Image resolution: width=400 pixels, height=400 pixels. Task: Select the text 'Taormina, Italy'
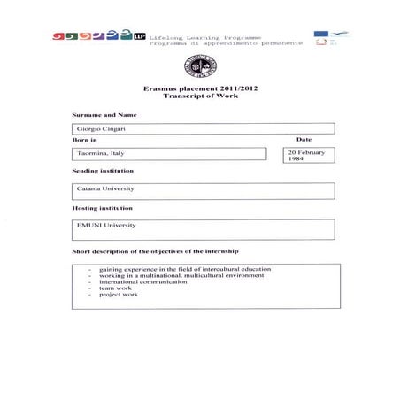click(x=99, y=154)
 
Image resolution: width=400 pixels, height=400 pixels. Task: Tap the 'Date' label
click(x=304, y=140)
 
